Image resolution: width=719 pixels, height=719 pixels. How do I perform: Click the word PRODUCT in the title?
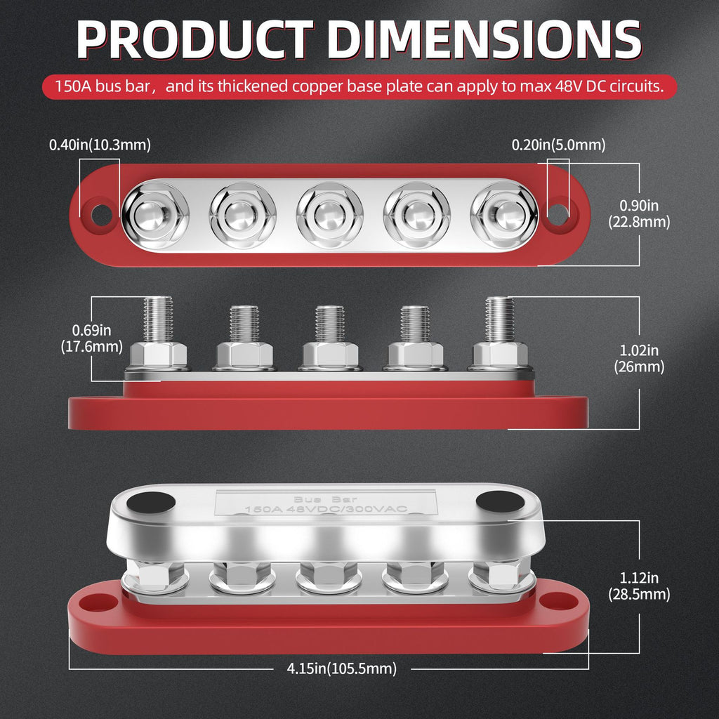(x=195, y=39)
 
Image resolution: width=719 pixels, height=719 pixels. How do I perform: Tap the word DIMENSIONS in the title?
(x=484, y=39)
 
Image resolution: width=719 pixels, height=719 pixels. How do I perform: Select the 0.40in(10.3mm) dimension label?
(x=100, y=145)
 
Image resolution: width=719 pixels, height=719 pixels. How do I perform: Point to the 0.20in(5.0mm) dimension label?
(x=558, y=145)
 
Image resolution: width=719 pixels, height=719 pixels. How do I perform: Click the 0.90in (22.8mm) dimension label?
(x=639, y=213)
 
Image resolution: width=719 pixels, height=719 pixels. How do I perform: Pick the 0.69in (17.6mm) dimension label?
(x=92, y=338)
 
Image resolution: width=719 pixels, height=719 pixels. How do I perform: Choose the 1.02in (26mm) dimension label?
(x=639, y=359)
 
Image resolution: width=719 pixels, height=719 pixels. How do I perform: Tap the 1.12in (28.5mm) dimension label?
(x=639, y=586)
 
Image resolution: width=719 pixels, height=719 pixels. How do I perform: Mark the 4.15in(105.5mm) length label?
(x=342, y=668)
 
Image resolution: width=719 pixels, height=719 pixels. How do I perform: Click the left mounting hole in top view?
(x=101, y=215)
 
